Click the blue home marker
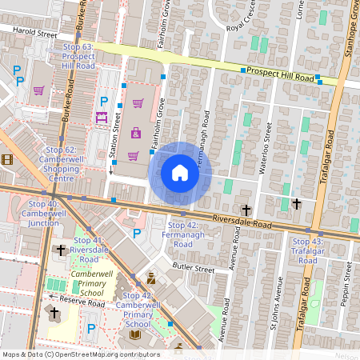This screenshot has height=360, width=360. [179, 172]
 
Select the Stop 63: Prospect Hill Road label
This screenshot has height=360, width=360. [78, 56]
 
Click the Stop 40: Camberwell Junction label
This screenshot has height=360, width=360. [41, 214]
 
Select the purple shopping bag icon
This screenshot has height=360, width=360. [136, 133]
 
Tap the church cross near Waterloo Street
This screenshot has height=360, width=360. [297, 204]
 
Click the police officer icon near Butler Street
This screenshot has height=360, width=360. [150, 278]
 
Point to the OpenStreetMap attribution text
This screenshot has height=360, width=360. [80, 354]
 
